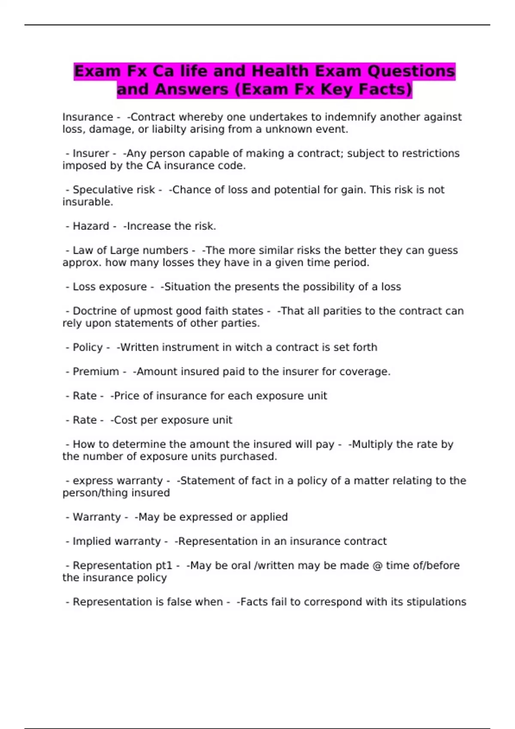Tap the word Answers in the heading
(x=191, y=90)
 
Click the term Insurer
(x=91, y=154)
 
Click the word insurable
(x=88, y=202)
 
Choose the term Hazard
(x=91, y=226)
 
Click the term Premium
(x=96, y=371)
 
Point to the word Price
(x=127, y=396)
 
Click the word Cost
(x=125, y=420)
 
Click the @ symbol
(x=377, y=566)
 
